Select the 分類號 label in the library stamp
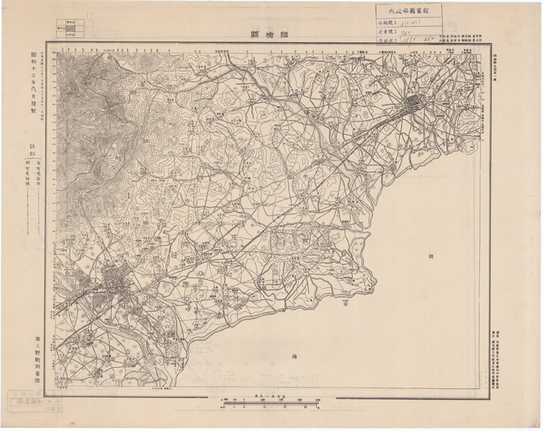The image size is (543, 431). pyautogui.click(x=388, y=22)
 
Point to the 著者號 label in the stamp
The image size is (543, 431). pyautogui.click(x=388, y=31)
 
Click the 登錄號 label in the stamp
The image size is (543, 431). pyautogui.click(x=388, y=41)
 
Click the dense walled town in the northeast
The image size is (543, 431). pyautogui.click(x=415, y=105)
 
